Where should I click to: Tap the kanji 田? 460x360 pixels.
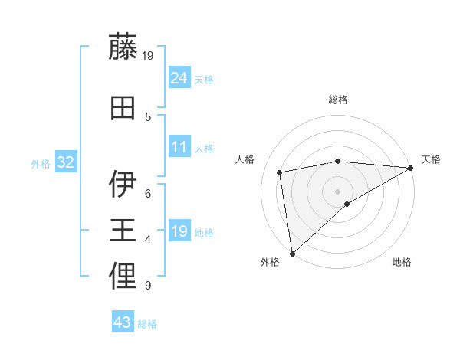[123, 108]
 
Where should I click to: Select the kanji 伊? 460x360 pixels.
[123, 185]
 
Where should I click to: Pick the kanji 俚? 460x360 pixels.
[123, 277]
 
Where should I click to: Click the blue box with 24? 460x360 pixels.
[179, 77]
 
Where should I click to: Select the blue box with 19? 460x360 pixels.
[179, 231]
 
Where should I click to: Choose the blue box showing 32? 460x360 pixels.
[66, 162]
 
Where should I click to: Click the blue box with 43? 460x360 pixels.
[123, 322]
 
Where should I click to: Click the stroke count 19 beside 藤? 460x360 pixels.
[148, 55]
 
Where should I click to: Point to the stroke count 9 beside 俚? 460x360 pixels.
[147, 286]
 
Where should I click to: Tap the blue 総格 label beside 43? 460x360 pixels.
[147, 324]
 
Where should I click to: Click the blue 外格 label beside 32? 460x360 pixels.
[41, 164]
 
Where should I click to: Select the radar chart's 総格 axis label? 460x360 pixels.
[338, 100]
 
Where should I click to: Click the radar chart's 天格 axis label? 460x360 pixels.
[431, 159]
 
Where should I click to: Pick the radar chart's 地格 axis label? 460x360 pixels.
[402, 262]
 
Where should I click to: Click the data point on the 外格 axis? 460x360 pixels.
[292, 253]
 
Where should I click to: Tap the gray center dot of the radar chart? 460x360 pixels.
[338, 191]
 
